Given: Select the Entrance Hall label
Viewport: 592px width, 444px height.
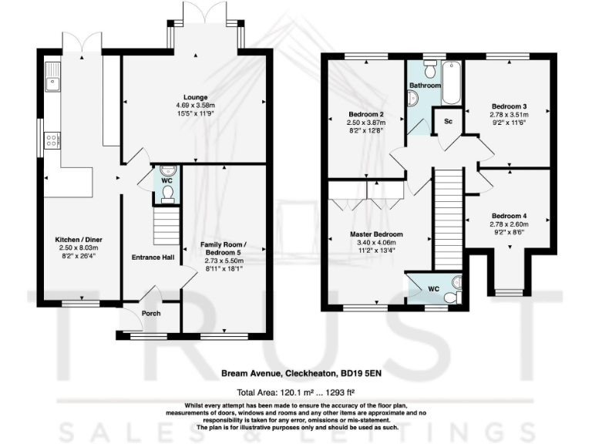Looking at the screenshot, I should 152,257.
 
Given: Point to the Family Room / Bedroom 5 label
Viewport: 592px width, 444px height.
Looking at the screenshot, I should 222,248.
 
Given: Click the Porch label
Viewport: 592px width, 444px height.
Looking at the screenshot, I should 150,314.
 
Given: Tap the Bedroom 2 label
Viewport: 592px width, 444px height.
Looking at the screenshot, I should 365,115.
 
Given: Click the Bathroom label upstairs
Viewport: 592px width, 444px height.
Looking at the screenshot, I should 424,85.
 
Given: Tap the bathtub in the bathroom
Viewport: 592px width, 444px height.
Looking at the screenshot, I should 451,82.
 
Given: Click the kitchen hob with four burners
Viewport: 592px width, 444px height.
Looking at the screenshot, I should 53,140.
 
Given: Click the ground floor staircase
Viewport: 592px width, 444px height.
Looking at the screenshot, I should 163,227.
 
